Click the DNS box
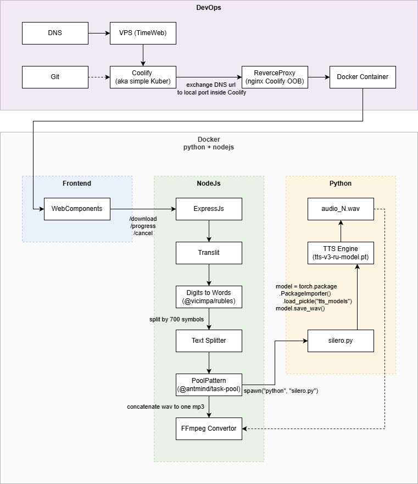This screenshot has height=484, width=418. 55,33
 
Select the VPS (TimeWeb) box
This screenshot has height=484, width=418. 143,33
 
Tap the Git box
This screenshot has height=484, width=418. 55,77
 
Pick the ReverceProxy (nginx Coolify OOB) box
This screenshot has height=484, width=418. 275,77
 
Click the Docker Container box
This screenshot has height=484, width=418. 363,77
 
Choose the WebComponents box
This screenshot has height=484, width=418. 77,209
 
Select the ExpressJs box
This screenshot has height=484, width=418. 209,209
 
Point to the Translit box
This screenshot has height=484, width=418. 209,253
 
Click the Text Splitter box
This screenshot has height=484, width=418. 209,341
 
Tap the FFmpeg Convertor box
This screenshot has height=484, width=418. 209,429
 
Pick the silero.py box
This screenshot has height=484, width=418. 341,341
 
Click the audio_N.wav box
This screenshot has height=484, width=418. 341,209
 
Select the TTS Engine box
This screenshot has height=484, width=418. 341,253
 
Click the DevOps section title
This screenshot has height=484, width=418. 209,8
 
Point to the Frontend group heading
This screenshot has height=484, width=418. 77,183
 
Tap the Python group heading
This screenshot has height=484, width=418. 341,183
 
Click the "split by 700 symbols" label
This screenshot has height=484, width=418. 176,319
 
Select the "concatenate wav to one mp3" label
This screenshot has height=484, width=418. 165,407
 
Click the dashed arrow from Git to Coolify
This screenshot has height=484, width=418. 99,77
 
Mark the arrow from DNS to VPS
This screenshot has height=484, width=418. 99,33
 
